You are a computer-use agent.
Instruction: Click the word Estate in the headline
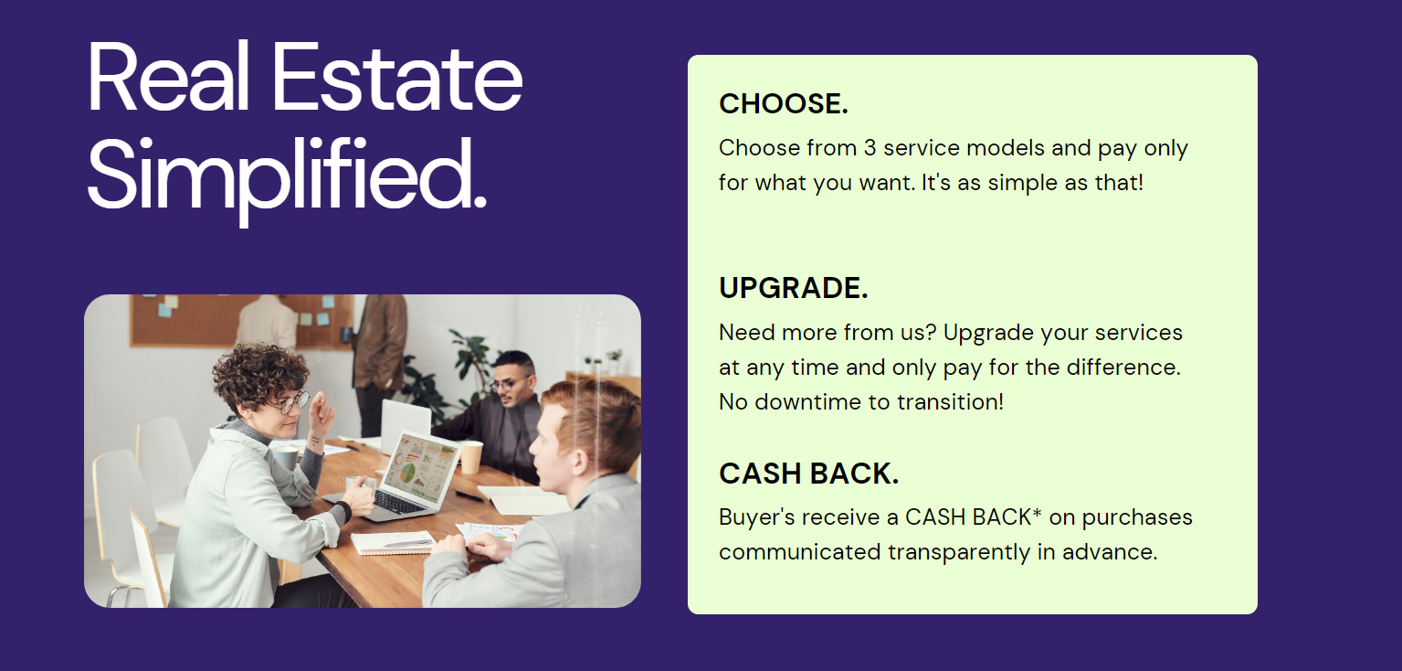click(x=396, y=78)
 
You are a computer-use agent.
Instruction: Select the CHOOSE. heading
click(x=784, y=104)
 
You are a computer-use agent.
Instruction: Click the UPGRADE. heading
click(x=794, y=288)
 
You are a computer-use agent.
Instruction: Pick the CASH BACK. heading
click(x=808, y=474)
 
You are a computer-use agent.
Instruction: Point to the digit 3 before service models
click(x=870, y=148)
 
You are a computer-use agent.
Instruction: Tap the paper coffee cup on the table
click(x=471, y=457)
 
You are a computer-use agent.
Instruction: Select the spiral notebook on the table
click(x=393, y=543)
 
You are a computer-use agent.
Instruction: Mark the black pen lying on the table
click(x=469, y=496)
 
